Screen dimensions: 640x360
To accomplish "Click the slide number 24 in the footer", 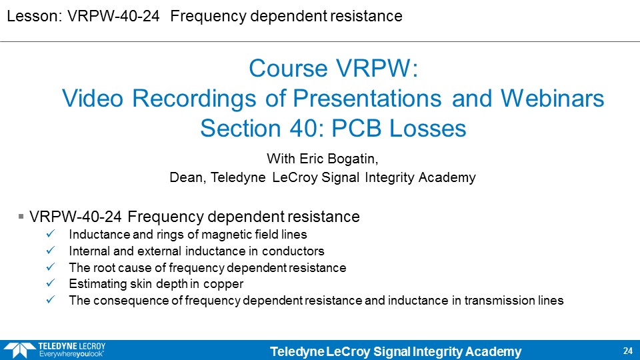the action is click(x=628, y=351).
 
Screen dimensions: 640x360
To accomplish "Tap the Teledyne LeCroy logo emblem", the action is click(x=19, y=350).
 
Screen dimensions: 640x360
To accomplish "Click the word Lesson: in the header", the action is click(x=34, y=16).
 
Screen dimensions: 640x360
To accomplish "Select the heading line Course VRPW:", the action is click(x=333, y=68).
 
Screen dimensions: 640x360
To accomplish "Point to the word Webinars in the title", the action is click(x=552, y=99).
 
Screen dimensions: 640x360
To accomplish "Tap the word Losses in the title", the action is click(x=428, y=129).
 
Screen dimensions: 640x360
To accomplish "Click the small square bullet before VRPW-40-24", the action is click(x=21, y=216).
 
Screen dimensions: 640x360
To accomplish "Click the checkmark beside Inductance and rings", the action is click(x=51, y=234).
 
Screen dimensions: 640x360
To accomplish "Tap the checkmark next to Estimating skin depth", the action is click(x=51, y=283).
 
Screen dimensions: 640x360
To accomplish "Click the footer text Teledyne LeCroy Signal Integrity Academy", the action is click(x=396, y=351).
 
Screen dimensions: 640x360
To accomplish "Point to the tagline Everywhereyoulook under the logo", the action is click(x=71, y=354).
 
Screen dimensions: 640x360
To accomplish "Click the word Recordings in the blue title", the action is click(x=194, y=99).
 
